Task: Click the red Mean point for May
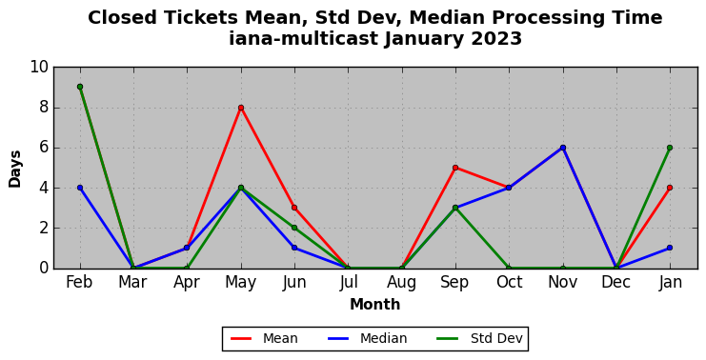click(x=241, y=108)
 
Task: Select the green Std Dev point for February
click(x=80, y=87)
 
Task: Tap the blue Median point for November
click(x=563, y=148)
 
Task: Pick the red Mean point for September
click(x=455, y=168)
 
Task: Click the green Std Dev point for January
click(x=670, y=148)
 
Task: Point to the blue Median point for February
click(x=80, y=188)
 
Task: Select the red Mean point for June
click(x=294, y=208)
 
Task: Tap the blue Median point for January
click(x=670, y=248)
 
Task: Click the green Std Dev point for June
click(x=294, y=228)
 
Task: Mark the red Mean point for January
click(x=670, y=188)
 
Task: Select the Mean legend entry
click(x=264, y=338)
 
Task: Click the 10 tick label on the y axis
click(x=39, y=68)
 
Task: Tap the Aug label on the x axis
click(x=402, y=283)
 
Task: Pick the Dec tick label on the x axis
click(x=615, y=283)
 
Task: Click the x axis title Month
click(x=375, y=305)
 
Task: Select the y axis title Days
click(x=14, y=169)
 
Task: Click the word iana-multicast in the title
click(x=304, y=39)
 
